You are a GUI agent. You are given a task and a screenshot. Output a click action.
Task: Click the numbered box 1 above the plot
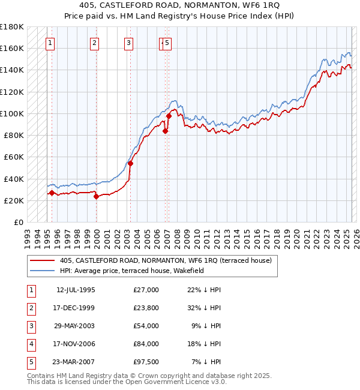point(49,43)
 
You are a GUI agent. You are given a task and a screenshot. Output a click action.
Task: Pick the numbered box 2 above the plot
point(95,43)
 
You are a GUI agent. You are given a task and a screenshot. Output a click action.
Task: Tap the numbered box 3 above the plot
point(129,43)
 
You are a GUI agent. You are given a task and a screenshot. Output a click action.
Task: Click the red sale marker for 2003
point(130,163)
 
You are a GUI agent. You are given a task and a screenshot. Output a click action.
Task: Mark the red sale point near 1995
point(52,193)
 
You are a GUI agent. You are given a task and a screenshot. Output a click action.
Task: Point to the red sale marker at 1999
point(96,196)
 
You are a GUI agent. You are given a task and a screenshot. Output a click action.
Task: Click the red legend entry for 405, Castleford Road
point(166,260)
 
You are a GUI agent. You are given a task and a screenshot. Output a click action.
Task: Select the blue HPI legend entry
point(132,271)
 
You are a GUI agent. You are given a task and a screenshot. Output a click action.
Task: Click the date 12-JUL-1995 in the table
point(76,290)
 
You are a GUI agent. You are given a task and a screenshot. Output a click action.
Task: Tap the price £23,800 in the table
point(146,308)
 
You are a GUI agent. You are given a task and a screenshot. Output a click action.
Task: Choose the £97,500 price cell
point(146,362)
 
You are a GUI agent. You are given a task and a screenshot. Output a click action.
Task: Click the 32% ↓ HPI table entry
point(204,308)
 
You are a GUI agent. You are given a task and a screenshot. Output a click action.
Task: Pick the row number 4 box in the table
point(31,344)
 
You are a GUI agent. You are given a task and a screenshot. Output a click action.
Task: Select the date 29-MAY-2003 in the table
point(76,326)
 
